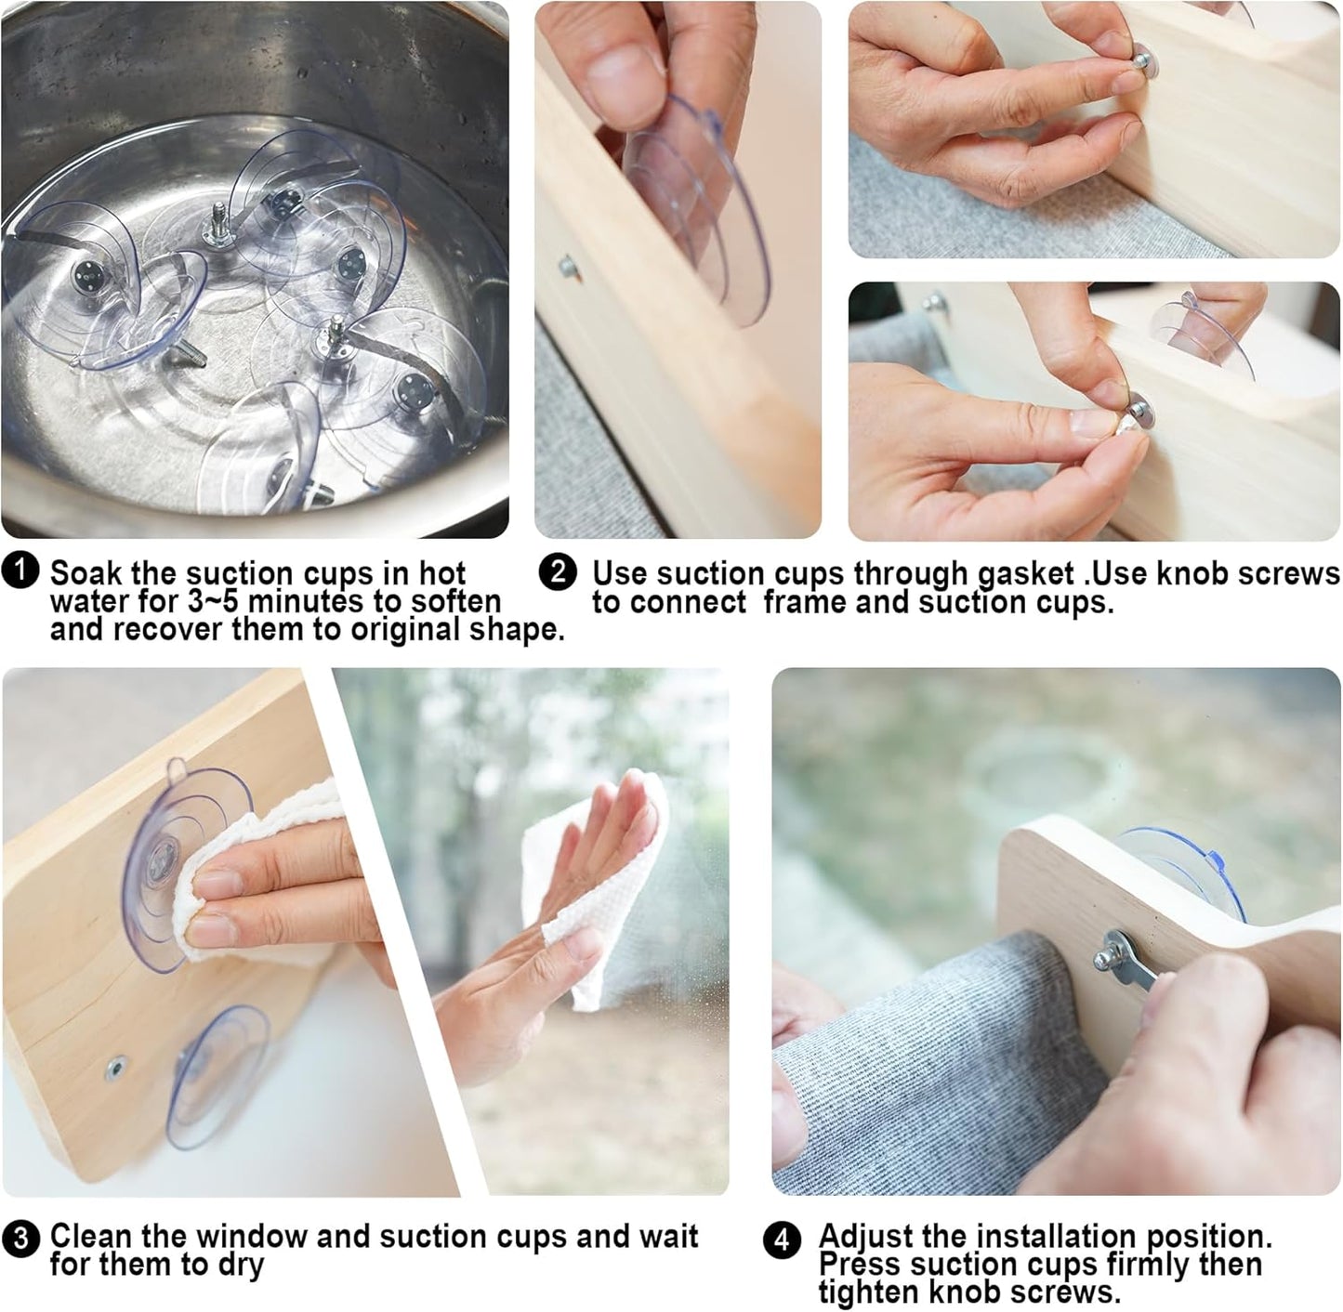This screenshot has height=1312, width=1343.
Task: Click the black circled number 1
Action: pyautogui.click(x=20, y=571)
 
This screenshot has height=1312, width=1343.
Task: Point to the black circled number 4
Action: pyautogui.click(x=782, y=1240)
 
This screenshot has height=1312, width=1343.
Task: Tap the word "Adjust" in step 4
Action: pyautogui.click(x=872, y=1236)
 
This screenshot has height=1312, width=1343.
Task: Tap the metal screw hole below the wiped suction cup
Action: pyautogui.click(x=114, y=1069)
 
